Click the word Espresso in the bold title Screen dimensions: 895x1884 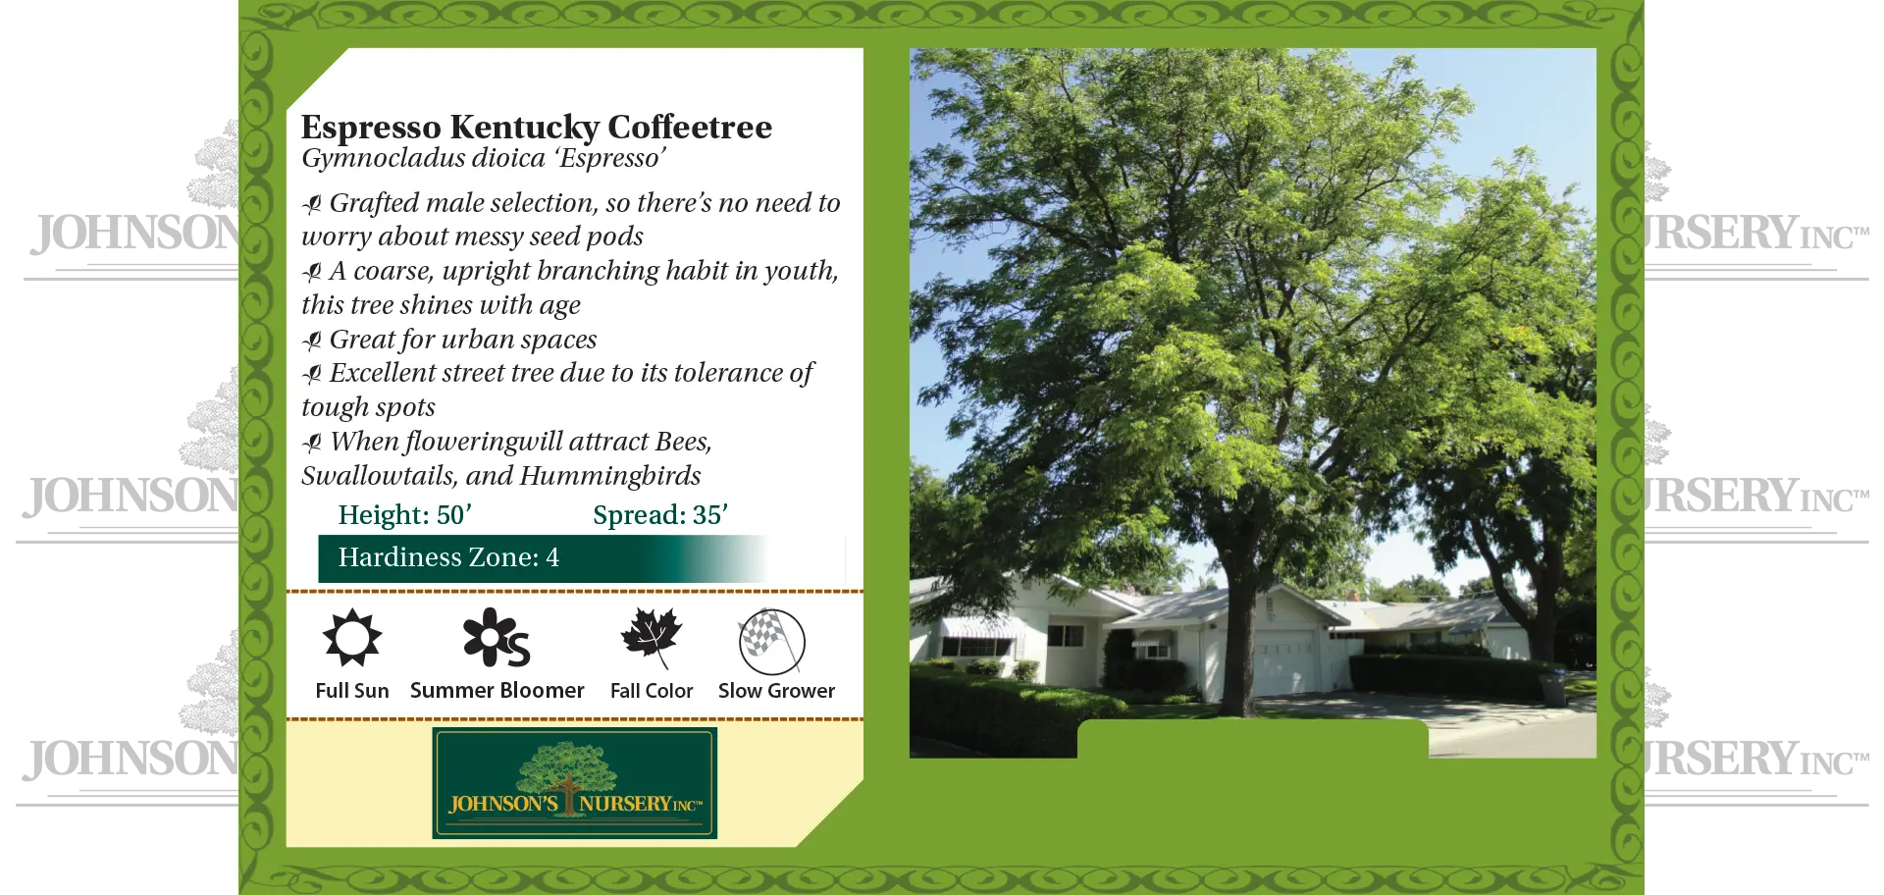click(371, 128)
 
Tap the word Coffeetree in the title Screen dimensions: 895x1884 click(689, 128)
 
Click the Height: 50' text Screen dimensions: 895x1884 click(404, 515)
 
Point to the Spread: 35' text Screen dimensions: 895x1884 click(659, 515)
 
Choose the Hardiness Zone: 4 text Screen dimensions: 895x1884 click(448, 557)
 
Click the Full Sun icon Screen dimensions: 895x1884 click(352, 638)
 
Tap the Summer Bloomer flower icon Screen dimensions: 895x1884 click(496, 638)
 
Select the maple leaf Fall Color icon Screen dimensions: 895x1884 click(651, 636)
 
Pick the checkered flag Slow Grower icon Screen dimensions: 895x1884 click(771, 641)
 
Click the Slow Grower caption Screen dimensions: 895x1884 click(776, 691)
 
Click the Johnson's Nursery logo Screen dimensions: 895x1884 click(574, 783)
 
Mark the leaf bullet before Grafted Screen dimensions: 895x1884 click(312, 204)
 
